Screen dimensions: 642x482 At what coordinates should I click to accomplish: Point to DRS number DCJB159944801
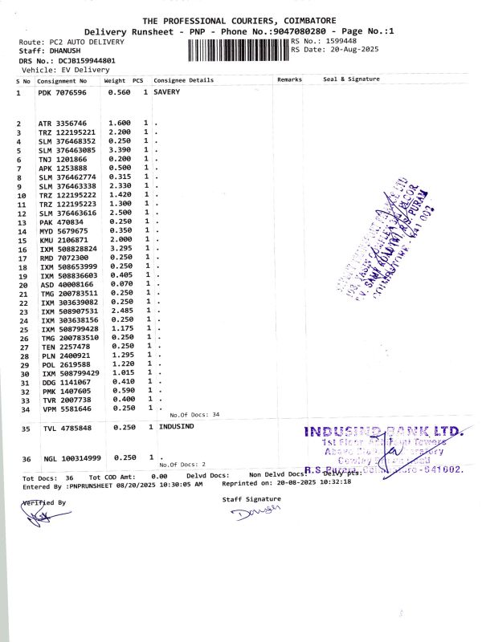79,60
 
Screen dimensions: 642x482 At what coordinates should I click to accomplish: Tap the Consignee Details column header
184,81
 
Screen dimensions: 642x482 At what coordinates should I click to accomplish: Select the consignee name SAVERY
167,93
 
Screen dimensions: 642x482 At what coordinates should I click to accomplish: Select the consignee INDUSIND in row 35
176,428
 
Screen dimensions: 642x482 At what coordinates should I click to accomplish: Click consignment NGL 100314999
70,458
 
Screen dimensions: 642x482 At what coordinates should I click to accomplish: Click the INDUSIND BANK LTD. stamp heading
384,432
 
